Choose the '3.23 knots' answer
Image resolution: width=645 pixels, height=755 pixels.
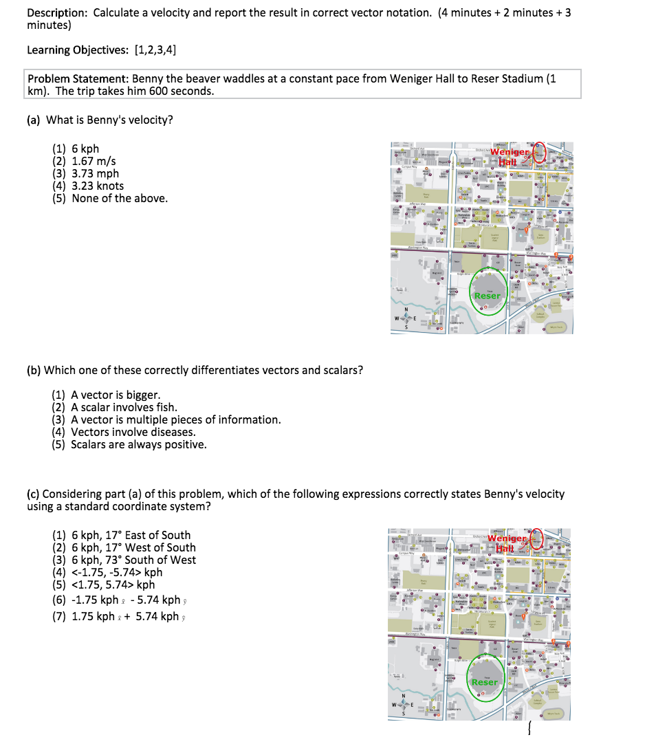point(98,186)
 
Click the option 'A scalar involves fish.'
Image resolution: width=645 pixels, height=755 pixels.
point(124,407)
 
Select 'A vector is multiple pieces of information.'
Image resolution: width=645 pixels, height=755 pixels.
point(175,419)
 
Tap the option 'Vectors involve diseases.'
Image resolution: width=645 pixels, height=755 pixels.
point(133,432)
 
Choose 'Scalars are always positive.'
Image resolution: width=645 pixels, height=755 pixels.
point(138,444)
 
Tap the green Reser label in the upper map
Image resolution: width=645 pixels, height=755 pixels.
point(488,296)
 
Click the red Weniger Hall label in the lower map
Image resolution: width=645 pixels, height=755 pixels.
point(508,543)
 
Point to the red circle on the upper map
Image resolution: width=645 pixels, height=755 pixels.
point(540,151)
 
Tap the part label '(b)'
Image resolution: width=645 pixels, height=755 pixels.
point(34,370)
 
